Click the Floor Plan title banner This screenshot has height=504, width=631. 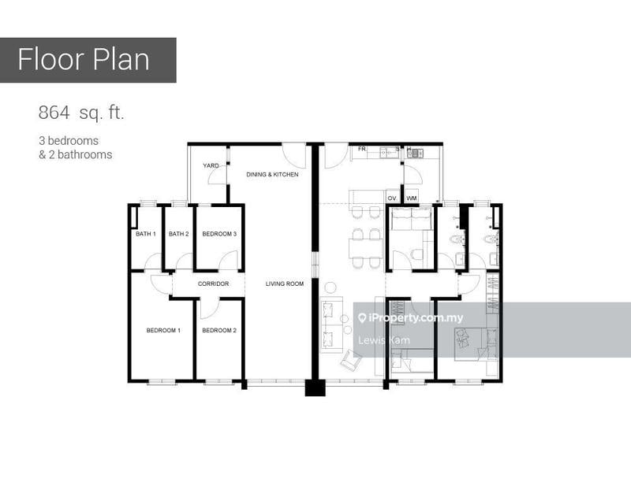pos(88,61)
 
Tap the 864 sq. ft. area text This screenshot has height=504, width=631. pos(81,113)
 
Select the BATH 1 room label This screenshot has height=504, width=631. pos(146,234)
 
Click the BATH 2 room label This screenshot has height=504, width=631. pos(179,234)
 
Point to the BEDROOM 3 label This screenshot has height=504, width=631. pos(219,234)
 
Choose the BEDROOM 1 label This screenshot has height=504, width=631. pos(163,331)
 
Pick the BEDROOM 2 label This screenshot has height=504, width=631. pos(219,331)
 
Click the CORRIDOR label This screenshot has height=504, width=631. pos(213,283)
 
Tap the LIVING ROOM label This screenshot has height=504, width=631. pos(285,283)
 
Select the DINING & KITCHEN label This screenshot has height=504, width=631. pos(272,174)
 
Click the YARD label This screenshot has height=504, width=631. pos(211,165)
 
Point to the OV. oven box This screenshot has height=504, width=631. pos(392,197)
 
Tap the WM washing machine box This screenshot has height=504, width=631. pos(411,197)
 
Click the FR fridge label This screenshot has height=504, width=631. pos(362,149)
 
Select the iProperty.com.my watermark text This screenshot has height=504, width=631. pos(411,318)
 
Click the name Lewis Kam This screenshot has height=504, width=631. pos(384,340)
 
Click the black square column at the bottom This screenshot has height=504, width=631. pos(315,388)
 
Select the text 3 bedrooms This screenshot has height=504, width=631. pos(69,141)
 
